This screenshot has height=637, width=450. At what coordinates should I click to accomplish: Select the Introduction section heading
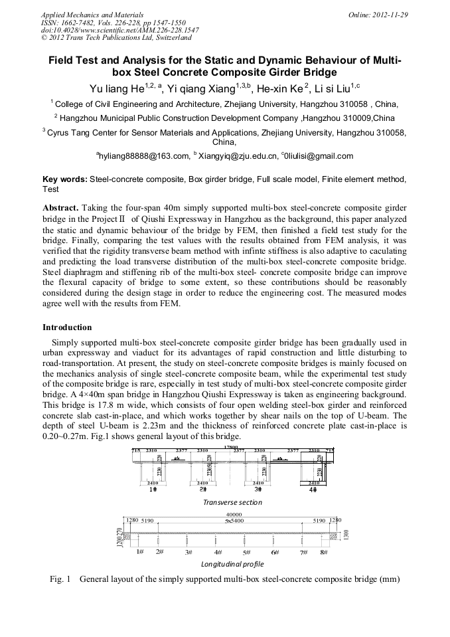pyautogui.click(x=67, y=327)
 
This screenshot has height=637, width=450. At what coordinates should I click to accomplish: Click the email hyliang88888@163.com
pyautogui.click(x=143, y=156)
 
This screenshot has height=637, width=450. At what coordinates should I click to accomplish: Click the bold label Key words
pyautogui.click(x=64, y=180)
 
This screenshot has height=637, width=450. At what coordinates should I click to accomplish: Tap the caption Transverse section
pyautogui.click(x=232, y=503)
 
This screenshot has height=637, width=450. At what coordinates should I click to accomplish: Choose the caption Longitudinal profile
pyautogui.click(x=232, y=564)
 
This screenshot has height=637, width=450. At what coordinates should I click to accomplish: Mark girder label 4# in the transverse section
pyautogui.click(x=313, y=490)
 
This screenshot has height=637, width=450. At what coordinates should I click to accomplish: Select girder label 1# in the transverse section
pyautogui.click(x=153, y=490)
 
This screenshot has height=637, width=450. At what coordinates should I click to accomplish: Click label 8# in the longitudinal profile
pyautogui.click(x=324, y=552)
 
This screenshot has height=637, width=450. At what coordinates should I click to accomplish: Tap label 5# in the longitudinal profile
pyautogui.click(x=246, y=552)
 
